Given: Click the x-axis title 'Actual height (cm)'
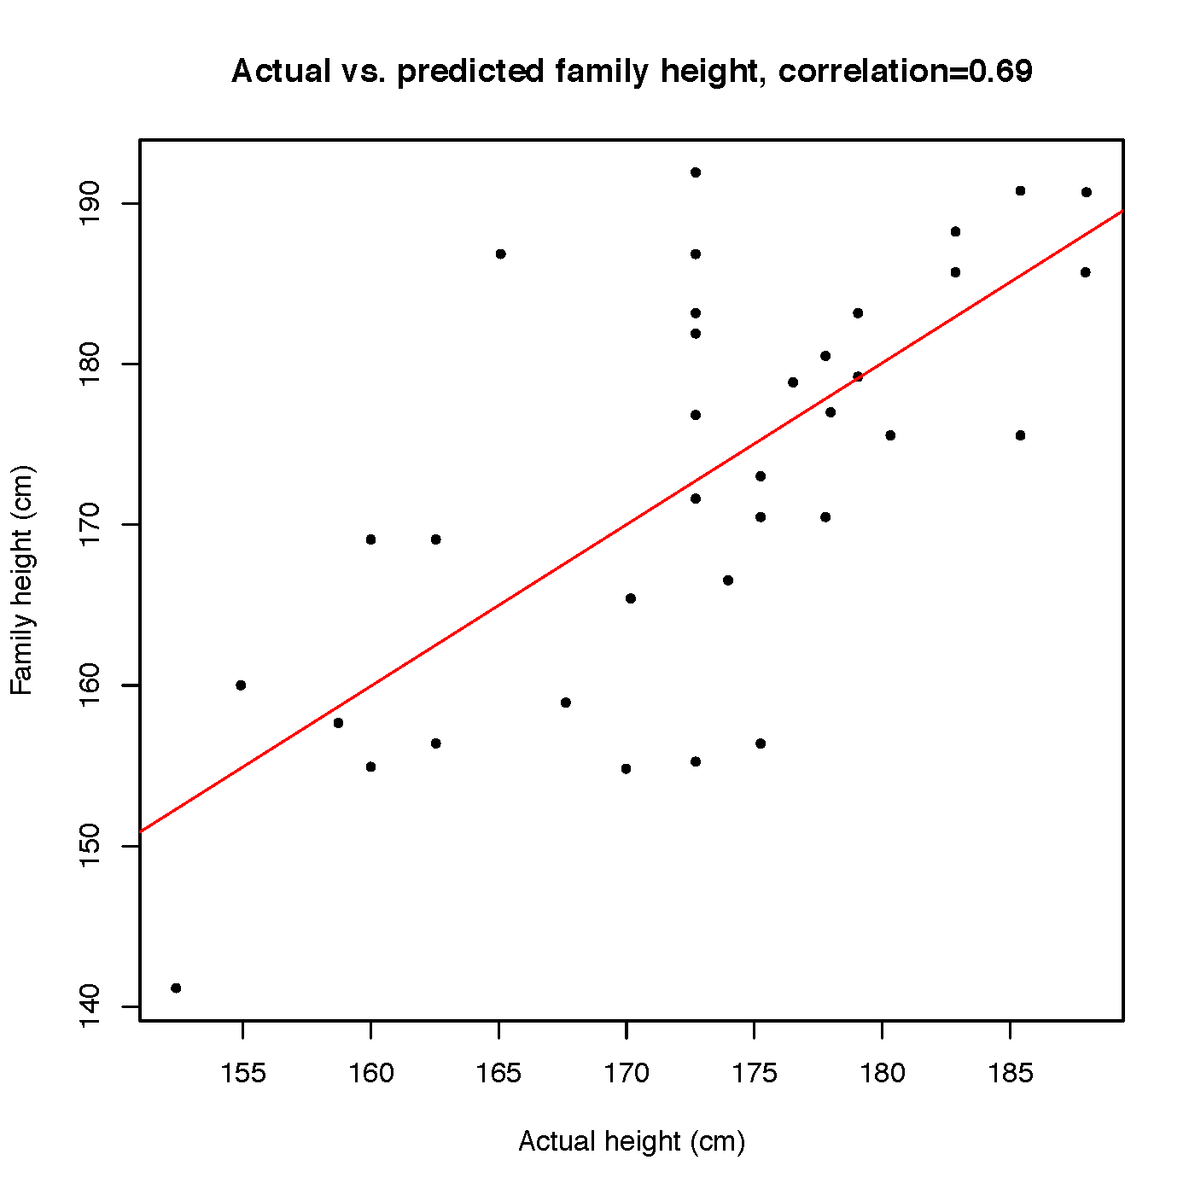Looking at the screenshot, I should pos(632,1141).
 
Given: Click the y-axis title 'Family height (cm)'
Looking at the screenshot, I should pos(22,580).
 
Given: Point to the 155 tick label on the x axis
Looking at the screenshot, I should pos(242,1073).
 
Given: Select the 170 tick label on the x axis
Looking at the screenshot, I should pos(627,1073).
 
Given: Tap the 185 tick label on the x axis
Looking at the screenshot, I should pos(1011,1073).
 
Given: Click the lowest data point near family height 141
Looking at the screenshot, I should pos(176,988).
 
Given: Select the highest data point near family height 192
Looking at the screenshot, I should pos(696,172).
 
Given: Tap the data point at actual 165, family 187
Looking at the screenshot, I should pos(500,254).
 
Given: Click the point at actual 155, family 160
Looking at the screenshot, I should pos(241,685).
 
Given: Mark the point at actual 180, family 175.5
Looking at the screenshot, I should pos(890,435).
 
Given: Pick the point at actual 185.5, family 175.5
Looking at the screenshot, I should pos(1020,435).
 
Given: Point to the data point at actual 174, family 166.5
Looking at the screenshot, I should pos(728,580).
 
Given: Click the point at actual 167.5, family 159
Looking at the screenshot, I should pos(566,702).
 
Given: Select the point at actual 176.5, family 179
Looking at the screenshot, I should pos(793,382).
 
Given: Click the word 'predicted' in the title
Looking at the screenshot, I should pos(470,72).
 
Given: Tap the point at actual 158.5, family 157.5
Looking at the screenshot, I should pos(338,723).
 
